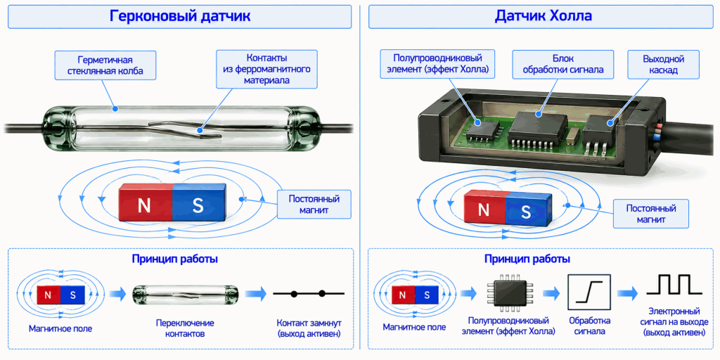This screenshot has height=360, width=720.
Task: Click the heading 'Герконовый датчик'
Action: [x=180, y=16]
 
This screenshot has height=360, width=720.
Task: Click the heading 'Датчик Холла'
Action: [x=544, y=16]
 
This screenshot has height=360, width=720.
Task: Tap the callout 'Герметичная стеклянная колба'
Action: [x=105, y=65]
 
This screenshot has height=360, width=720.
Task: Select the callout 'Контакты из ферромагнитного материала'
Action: [x=266, y=70]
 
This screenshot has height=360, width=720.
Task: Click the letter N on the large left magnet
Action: [x=144, y=206]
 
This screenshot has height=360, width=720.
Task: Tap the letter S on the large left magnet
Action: [x=198, y=206]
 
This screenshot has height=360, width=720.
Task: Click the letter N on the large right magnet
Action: [x=484, y=211]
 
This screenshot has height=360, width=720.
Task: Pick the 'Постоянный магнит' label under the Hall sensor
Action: [x=651, y=214]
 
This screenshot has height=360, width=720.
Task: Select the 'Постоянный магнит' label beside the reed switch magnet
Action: [x=314, y=205]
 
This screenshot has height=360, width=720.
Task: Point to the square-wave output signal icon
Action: [x=674, y=284]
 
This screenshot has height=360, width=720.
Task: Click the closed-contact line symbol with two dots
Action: [x=308, y=293]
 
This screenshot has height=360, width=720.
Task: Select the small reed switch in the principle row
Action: [x=186, y=293]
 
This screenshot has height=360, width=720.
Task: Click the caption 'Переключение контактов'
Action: [x=185, y=328]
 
